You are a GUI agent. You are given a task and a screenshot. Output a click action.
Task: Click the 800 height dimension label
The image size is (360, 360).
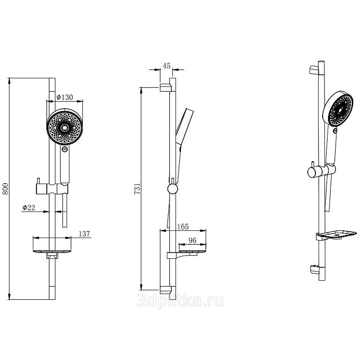tap(5, 189)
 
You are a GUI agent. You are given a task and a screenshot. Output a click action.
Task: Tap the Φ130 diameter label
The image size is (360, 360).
tap(65, 97)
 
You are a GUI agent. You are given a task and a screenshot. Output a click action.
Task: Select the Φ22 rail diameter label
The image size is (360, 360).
tap(29, 207)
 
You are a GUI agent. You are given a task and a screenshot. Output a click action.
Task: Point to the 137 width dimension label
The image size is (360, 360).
tap(84, 234)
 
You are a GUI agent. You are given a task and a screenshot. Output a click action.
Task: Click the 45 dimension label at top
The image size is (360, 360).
tap(166, 66)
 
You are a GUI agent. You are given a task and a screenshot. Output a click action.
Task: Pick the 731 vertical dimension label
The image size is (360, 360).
tap(137, 189)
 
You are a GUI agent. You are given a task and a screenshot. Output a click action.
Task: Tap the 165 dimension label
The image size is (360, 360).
tap(183, 227)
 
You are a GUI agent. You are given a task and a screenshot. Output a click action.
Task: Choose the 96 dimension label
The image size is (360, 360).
tap(193, 240)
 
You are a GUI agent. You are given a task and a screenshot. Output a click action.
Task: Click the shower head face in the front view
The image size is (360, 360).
tap(65, 127)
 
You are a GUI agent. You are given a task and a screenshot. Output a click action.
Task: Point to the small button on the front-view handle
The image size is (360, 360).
tap(65, 149)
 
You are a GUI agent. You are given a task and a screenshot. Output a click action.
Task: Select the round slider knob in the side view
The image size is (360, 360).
tap(172, 189)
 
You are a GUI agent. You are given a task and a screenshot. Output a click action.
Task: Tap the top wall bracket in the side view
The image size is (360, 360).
tap(165, 88)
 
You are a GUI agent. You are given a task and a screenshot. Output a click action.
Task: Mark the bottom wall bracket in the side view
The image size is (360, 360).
tap(165, 290)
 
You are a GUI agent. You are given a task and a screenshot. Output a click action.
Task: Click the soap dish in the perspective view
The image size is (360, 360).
tap(336, 235)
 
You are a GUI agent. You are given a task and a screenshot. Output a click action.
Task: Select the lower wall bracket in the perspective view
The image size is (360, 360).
tap(315, 270)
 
